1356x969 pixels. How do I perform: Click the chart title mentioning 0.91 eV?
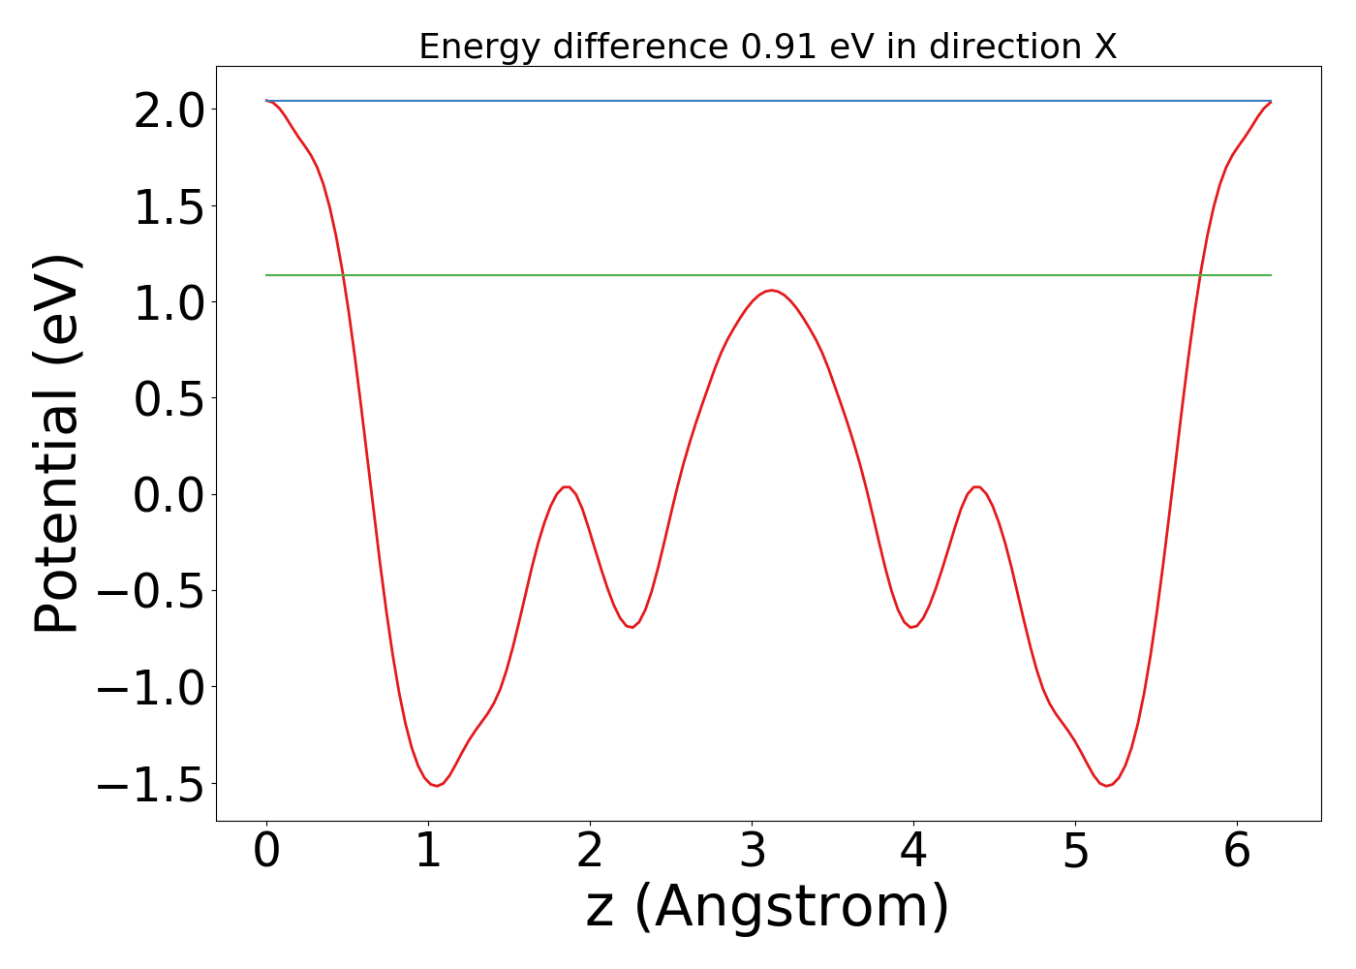767,47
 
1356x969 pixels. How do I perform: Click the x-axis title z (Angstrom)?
767,907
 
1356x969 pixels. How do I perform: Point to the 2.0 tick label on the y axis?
169,110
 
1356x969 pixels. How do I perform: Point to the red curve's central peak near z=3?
771,291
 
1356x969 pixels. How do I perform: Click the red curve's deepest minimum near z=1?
437,785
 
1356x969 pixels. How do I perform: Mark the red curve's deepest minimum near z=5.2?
1107,785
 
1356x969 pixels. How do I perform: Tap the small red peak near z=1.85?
567,486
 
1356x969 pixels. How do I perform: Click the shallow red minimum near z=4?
912,627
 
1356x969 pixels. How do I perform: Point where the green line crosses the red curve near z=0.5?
343,275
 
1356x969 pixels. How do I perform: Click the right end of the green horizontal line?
1270,275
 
